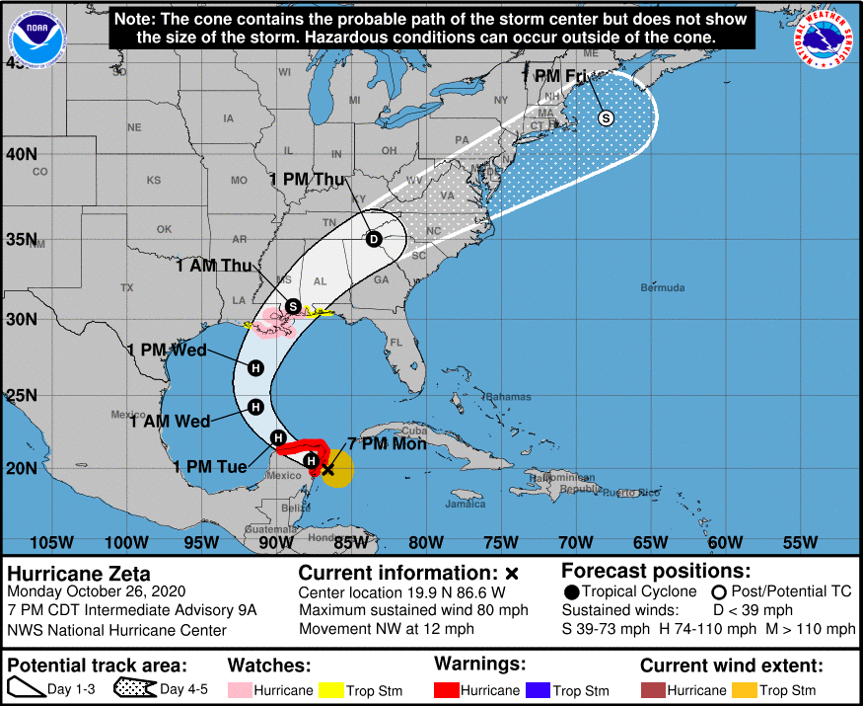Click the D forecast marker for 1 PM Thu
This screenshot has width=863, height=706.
374,239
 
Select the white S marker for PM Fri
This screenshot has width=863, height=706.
606,118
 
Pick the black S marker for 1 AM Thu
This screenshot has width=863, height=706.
293,306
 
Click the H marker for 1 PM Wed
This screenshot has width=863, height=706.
255,368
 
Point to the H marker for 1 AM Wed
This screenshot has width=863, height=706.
255,406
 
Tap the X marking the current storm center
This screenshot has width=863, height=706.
327,470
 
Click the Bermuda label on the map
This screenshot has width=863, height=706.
662,287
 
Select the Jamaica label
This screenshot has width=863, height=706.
466,504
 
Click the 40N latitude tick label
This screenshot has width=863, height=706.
21,154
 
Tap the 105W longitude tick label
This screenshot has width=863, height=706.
51,542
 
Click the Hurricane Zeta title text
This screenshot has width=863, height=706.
79,573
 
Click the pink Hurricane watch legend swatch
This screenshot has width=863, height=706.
241,689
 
